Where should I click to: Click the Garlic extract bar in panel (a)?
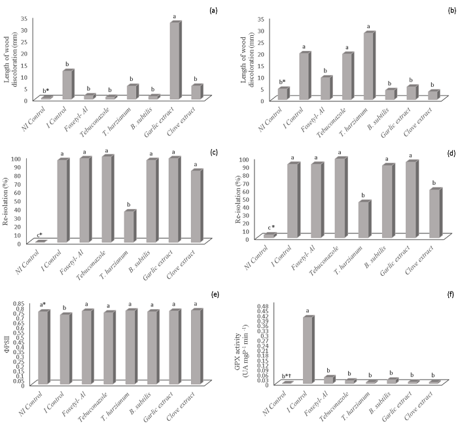175,60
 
